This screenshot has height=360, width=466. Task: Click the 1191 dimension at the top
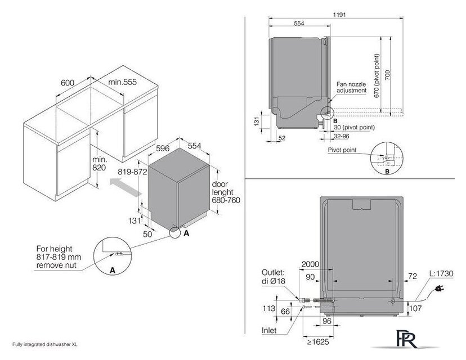click(339, 14)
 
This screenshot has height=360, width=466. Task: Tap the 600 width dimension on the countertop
click(68, 83)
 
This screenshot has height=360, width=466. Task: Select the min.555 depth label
click(122, 82)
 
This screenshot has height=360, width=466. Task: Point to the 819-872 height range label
click(133, 172)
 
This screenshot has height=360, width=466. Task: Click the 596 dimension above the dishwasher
click(163, 148)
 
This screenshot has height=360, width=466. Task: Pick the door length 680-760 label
click(226, 192)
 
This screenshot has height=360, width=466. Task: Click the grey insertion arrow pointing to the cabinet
click(126, 187)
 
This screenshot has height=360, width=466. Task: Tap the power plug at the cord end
click(441, 288)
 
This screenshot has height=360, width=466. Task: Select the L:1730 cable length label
click(441, 273)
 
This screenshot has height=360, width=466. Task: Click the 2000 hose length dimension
click(310, 264)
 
